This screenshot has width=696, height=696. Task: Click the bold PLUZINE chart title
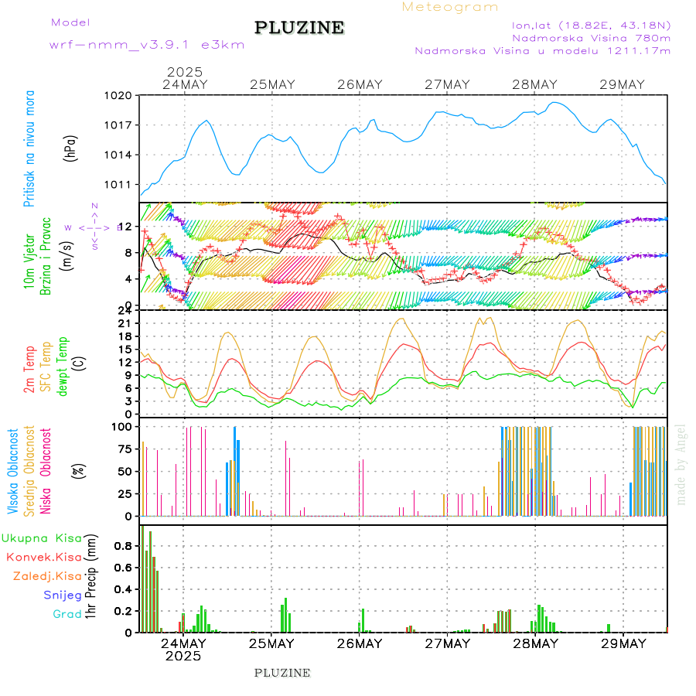tap(299, 28)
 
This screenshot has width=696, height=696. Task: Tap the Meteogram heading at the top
tap(450, 7)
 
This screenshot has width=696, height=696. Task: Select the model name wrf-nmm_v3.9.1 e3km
tap(147, 45)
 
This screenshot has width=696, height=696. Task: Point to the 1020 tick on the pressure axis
tap(120, 95)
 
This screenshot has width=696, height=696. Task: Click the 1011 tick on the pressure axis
tap(120, 185)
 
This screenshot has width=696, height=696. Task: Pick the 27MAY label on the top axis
tap(448, 84)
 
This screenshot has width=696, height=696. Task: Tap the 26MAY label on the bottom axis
tap(360, 643)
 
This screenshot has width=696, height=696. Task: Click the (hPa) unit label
tap(71, 147)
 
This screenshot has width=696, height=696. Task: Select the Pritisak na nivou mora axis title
tap(30, 148)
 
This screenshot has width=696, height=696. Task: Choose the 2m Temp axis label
tap(29, 370)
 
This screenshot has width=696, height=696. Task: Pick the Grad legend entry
tap(67, 614)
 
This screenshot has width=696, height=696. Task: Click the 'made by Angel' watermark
tap(681, 464)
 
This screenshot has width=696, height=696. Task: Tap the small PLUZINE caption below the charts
tap(282, 673)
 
